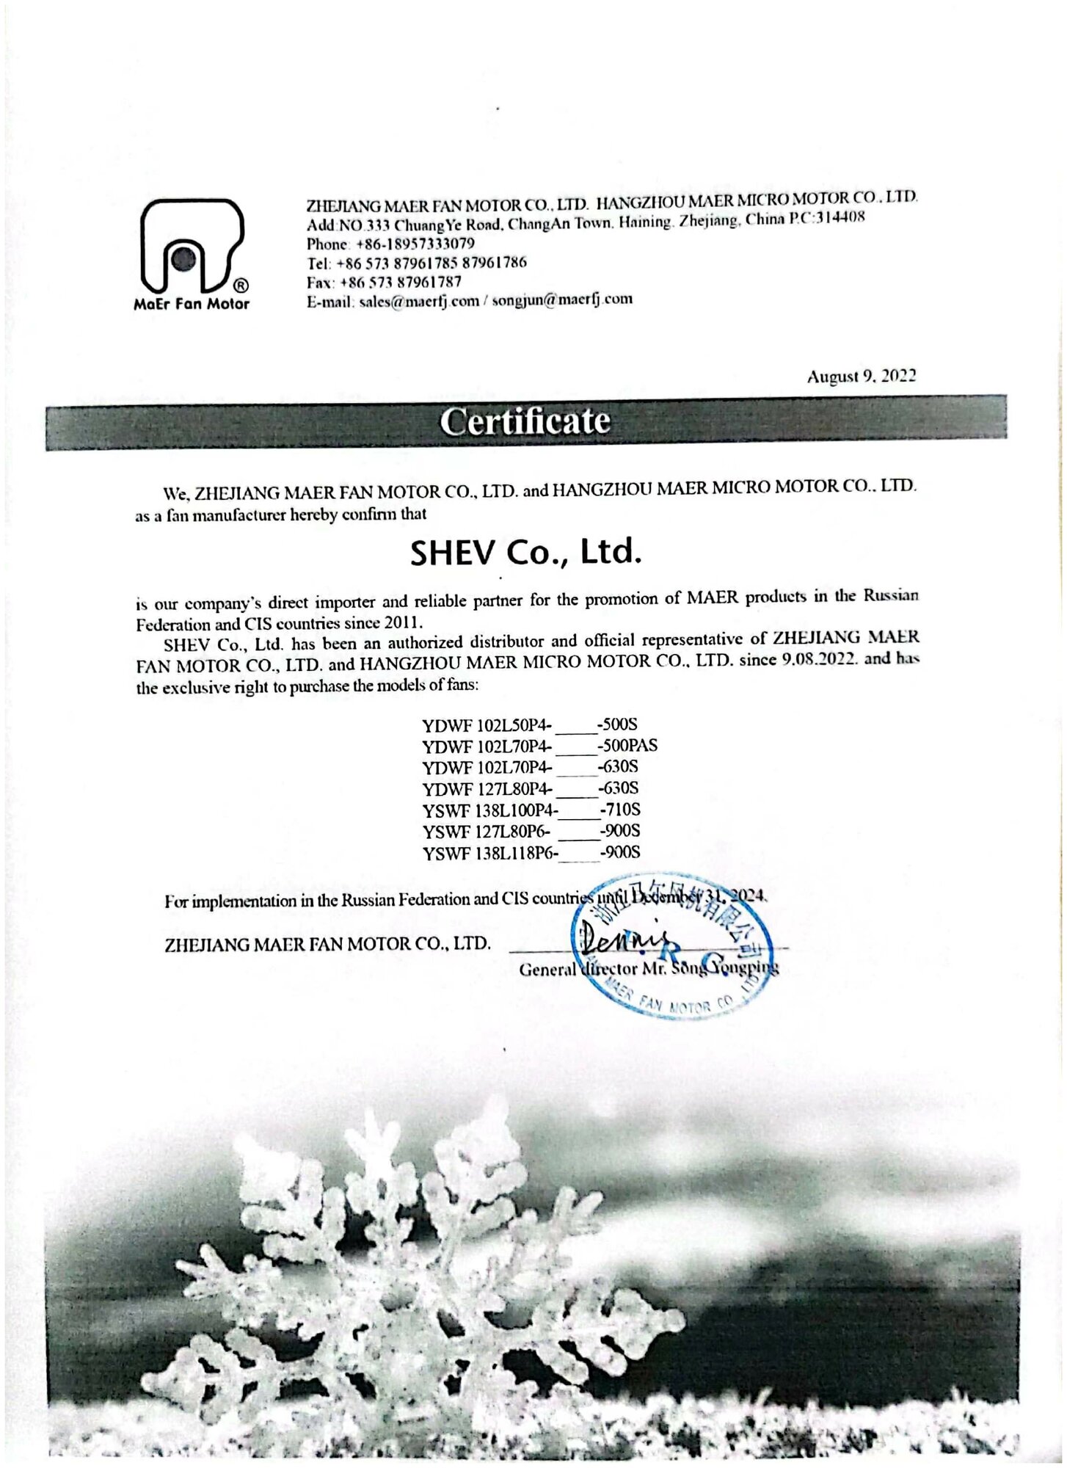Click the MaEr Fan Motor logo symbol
191,247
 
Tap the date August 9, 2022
861,377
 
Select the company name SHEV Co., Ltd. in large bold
525,552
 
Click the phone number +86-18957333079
415,244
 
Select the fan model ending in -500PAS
539,746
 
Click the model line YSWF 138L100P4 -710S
531,810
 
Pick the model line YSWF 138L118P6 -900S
531,853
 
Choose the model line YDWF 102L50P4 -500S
530,726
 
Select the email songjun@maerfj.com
562,299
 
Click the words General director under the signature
567,970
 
